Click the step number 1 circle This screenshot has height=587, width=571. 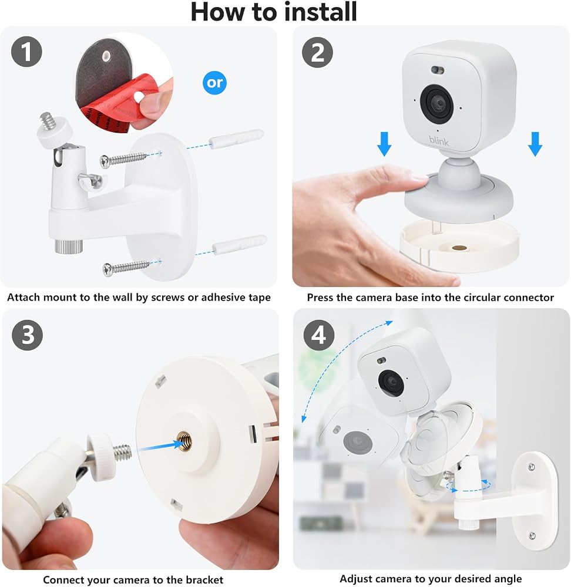coord(26,52)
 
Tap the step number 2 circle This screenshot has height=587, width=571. coord(317,52)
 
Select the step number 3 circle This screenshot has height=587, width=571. coord(28,335)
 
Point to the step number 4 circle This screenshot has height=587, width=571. coord(319,335)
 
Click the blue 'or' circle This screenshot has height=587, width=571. coord(214,83)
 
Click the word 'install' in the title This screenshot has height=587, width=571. coord(320,12)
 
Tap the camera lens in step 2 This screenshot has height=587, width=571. coord(437,102)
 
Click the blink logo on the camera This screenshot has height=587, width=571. coord(439,141)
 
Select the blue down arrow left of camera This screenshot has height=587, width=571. coord(384,144)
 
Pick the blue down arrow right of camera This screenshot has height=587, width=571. coord(535,144)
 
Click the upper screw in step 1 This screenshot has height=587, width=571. coord(123,159)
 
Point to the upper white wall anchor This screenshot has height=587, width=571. coord(236,139)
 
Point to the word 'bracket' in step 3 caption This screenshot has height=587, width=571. coord(204,580)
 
